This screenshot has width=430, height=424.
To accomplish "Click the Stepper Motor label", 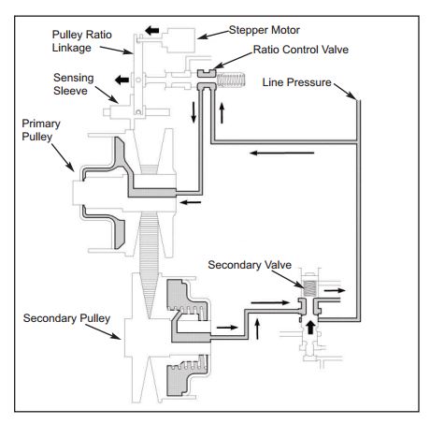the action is coord(265,30).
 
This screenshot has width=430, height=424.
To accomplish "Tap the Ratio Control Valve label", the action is coord(301,50).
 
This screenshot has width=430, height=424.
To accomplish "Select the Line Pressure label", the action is coord(296,82).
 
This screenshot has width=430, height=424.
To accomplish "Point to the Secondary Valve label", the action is coord(250,265).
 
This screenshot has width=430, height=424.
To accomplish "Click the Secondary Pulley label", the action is coord(66,318).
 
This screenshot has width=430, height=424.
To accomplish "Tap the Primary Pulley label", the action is coord(41,130).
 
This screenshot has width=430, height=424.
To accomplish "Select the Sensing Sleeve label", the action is coord(74,84).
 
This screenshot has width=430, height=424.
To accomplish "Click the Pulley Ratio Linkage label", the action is coord(81,41).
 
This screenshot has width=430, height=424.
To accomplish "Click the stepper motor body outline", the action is coord(179,40).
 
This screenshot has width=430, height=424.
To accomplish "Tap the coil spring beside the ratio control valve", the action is coord(231,80).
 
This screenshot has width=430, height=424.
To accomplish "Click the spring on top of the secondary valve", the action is coord(309,288).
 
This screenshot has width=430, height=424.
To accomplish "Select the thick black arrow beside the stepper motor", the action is coord(152,31).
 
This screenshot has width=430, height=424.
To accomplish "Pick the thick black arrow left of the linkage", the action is coord(122,80).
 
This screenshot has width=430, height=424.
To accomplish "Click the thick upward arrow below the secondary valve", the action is coord(309,328).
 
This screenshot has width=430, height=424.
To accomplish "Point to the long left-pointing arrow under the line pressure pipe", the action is coord(282,153).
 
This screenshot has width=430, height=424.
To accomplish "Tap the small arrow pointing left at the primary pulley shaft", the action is coord(191,202).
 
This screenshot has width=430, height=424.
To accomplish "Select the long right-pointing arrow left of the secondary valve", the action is coord(270,302).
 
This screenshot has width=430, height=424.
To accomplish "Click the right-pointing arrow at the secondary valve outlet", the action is coord(335,290).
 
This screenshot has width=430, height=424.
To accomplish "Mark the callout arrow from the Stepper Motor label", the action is coord(213,35).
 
